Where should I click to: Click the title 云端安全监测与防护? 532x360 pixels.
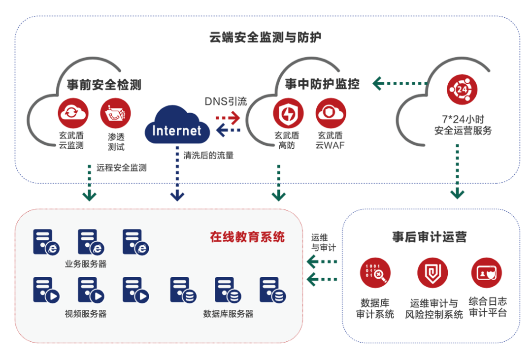266,37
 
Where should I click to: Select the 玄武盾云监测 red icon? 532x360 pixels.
72,113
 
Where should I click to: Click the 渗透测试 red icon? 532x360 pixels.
115,113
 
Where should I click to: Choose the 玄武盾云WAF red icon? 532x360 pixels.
330,113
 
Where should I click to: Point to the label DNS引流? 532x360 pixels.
226,102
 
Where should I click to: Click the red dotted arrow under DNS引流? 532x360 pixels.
228,118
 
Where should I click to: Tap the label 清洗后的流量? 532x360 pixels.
208,156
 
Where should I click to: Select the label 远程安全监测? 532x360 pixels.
122,167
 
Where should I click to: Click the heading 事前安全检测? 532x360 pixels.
104,85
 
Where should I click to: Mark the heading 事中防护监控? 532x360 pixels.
322,84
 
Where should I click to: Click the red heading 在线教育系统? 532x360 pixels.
247,237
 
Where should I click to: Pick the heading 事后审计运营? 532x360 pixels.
429,237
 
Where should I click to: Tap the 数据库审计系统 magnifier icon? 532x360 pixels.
375,273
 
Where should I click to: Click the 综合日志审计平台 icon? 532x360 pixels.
487,273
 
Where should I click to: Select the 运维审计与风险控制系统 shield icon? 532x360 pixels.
432,273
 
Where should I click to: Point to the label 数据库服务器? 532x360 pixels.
228,314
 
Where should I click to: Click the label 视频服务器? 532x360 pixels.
86,314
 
